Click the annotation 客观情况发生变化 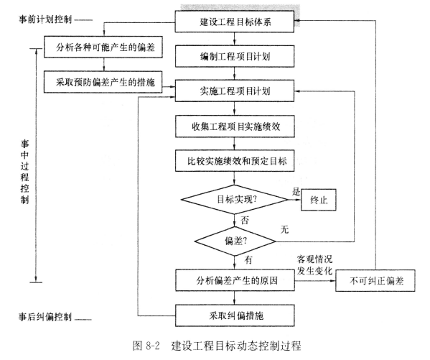tap(315, 262)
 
